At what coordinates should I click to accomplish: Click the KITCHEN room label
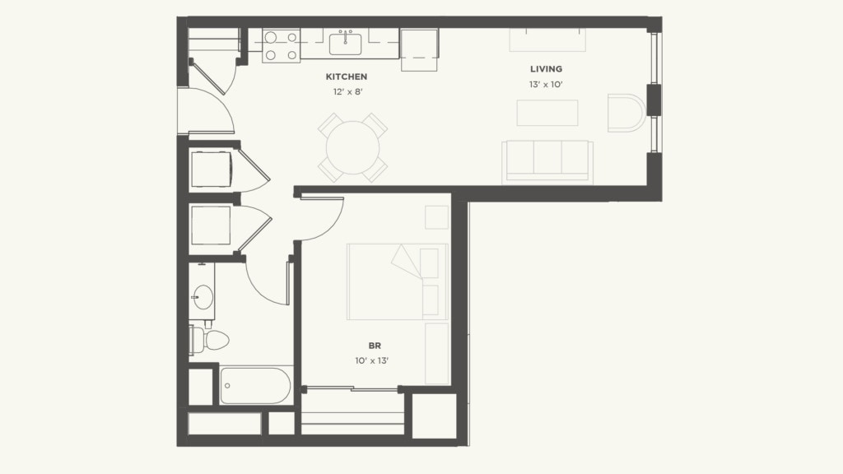(346, 77)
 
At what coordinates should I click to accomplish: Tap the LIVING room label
(546, 69)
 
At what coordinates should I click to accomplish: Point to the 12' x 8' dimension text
(347, 92)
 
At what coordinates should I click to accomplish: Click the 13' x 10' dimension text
(546, 85)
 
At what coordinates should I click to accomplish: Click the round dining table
(352, 148)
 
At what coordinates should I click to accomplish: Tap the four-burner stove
(280, 46)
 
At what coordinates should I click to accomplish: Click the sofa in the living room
(547, 160)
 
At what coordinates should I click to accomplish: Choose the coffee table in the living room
(547, 113)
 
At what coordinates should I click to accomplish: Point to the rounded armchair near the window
(626, 113)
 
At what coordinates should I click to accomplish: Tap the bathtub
(255, 385)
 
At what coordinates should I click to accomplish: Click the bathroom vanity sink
(202, 297)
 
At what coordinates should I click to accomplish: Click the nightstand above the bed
(436, 217)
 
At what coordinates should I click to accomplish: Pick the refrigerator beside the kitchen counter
(419, 50)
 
